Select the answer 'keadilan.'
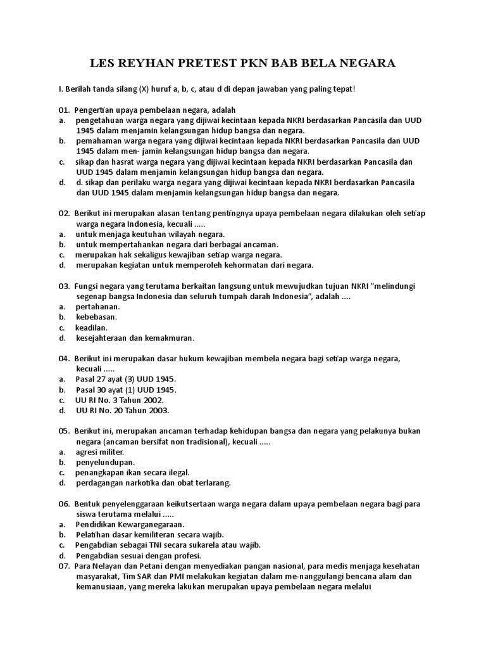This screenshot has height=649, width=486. click(x=92, y=328)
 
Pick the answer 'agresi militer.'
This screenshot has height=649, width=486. click(x=100, y=452)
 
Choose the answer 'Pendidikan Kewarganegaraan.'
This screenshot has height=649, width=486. click(x=130, y=524)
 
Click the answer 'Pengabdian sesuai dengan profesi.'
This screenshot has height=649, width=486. click(x=138, y=555)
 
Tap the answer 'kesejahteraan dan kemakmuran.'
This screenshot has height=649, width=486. click(x=135, y=338)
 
